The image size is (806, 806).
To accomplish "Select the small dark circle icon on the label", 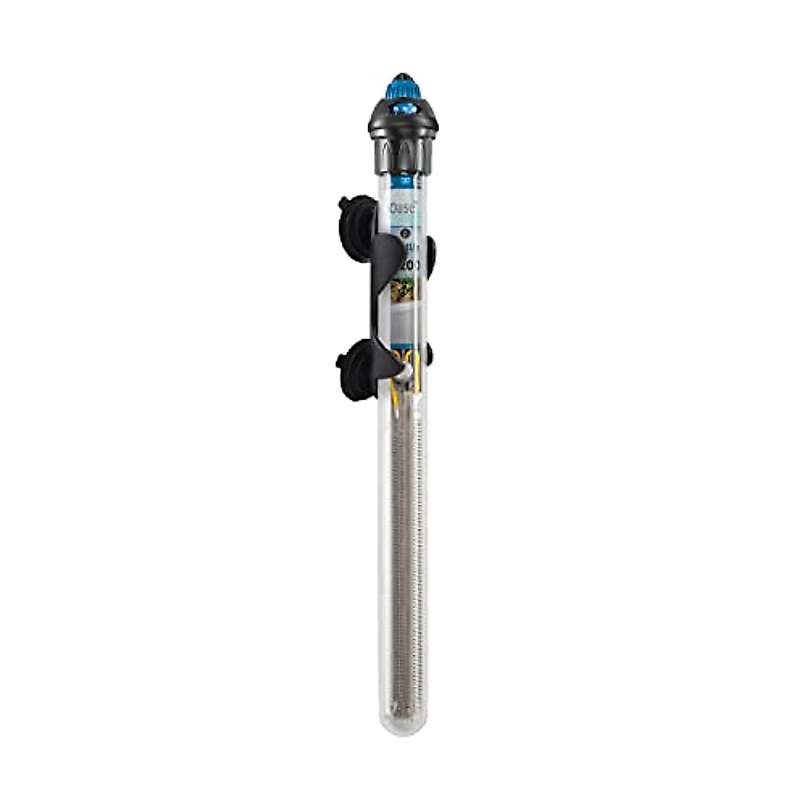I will (x=404, y=233).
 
